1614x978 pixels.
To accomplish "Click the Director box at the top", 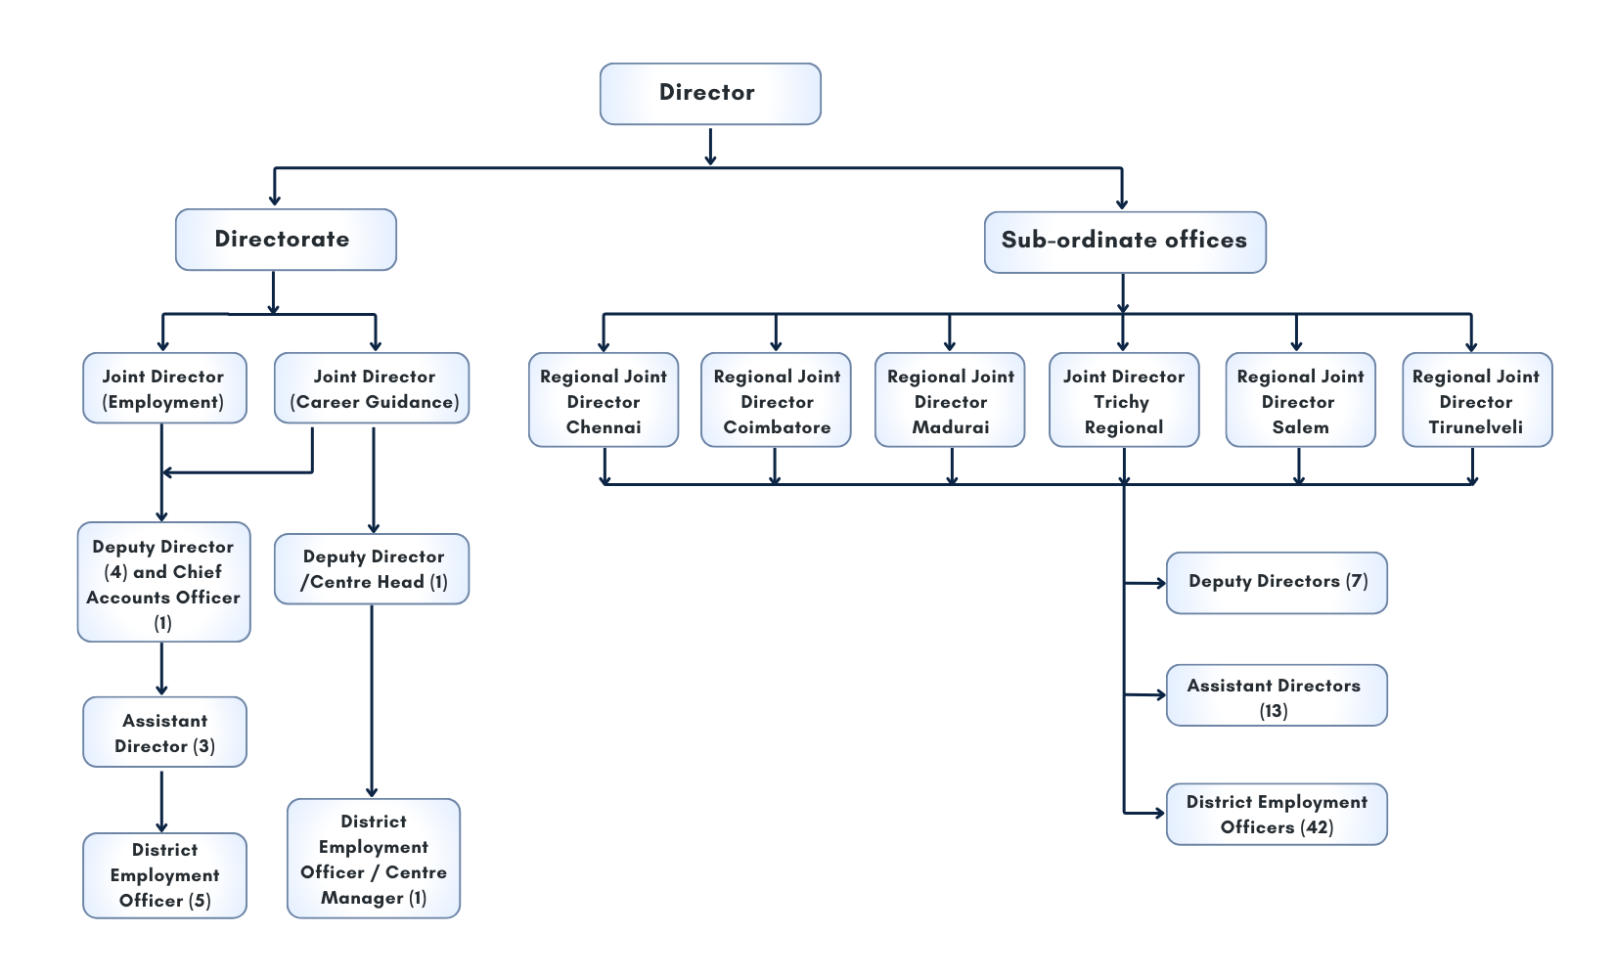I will (x=709, y=94).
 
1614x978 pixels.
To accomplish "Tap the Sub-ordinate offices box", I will (x=1124, y=242).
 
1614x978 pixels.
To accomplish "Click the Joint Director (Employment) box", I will (x=164, y=388).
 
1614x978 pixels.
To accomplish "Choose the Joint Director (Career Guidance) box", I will (x=372, y=388).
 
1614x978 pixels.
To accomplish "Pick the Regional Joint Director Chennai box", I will (x=604, y=400).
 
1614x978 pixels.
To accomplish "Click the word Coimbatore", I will (x=777, y=427).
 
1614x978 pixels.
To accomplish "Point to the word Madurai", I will (x=950, y=427).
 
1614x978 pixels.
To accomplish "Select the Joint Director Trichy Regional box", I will (x=1124, y=400).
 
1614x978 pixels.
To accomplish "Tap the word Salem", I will (x=1300, y=427).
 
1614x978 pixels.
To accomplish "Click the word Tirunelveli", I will (x=1475, y=427).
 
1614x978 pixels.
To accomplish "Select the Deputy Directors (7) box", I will (x=1277, y=583).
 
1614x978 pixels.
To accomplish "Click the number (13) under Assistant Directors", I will (x=1273, y=711).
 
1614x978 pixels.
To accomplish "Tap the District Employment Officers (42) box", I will (x=1277, y=814).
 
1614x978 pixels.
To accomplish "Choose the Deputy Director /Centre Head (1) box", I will (x=372, y=569).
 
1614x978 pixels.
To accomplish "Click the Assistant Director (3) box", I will (x=164, y=733).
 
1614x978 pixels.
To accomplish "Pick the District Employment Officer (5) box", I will (x=164, y=875).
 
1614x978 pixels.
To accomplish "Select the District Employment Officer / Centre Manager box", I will (x=373, y=859).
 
